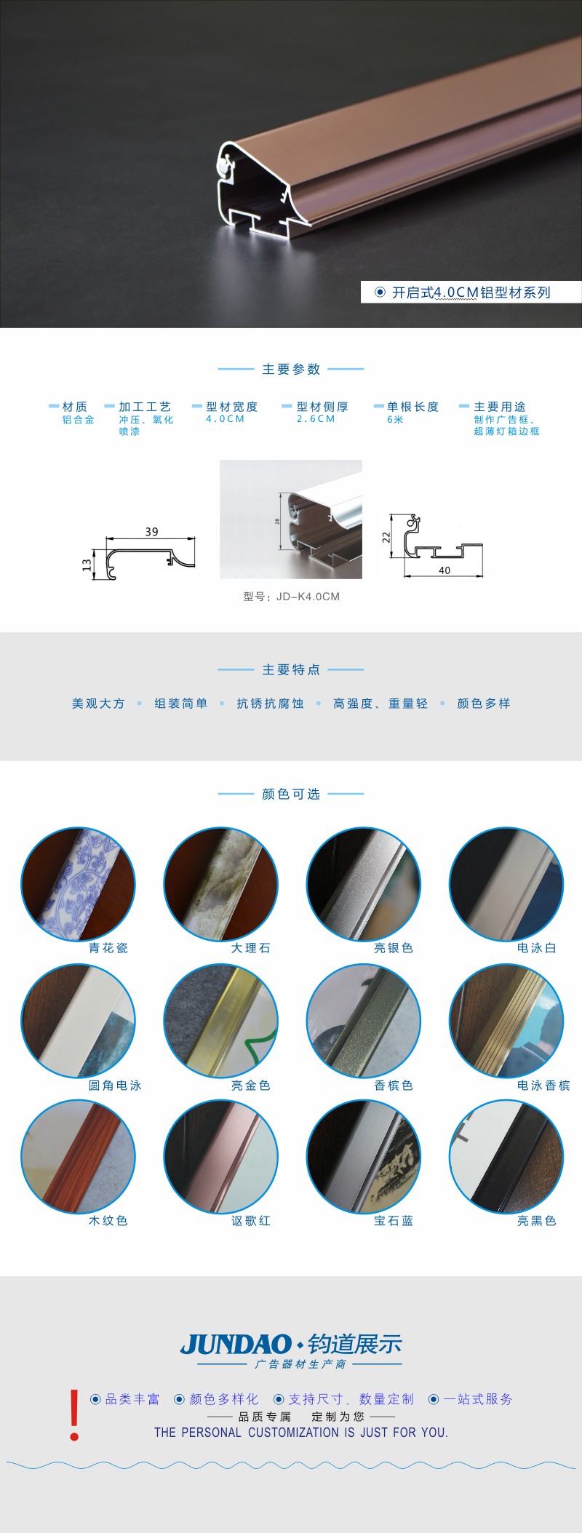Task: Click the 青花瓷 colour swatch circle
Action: point(78,884)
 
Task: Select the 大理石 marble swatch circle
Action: point(221,884)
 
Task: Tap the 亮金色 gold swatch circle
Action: point(221,1021)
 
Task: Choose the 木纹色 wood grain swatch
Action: point(78,1157)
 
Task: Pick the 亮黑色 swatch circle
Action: point(506,1157)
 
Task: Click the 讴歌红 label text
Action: point(251,1221)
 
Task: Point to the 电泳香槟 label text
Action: point(543,1086)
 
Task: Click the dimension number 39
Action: point(151,532)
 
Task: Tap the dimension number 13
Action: point(87,565)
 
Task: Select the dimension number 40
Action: point(445,570)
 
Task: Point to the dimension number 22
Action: point(386,538)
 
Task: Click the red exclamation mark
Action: point(74,1415)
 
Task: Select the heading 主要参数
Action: point(291,370)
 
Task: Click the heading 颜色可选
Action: point(291,794)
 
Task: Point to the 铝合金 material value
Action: point(79,420)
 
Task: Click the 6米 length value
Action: point(395,420)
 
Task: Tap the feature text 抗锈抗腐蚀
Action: point(270,704)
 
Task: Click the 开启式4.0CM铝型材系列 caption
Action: point(471,292)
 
